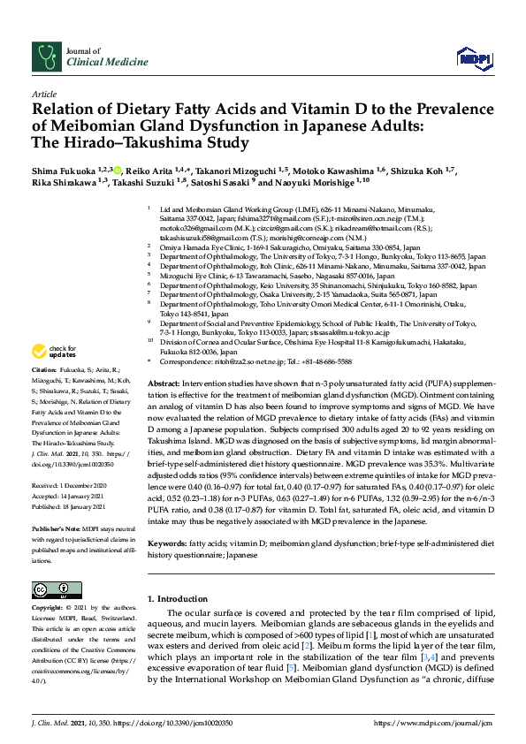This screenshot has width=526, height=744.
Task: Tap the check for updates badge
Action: (56, 352)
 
